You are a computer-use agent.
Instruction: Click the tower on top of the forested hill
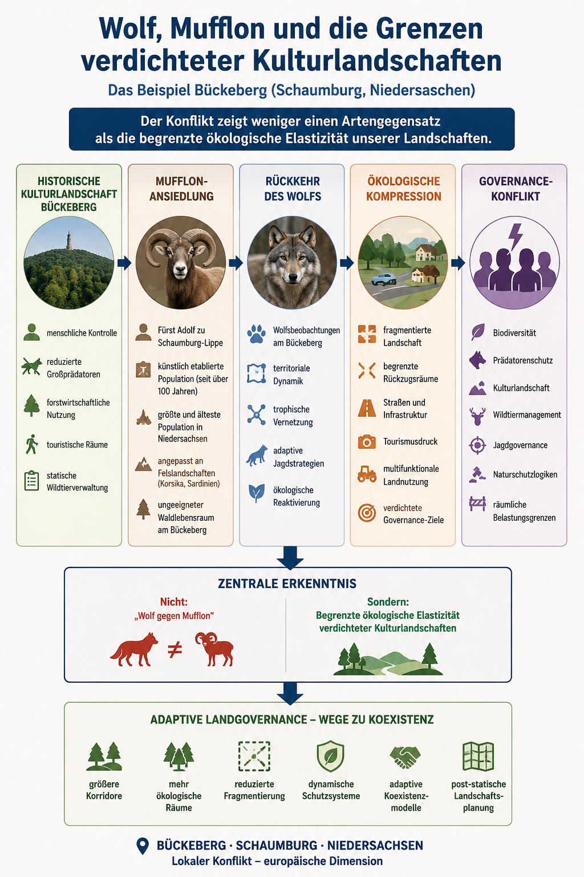pyautogui.click(x=69, y=240)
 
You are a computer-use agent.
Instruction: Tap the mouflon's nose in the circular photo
pyautogui.click(x=180, y=269)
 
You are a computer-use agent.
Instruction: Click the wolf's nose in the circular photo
pyautogui.click(x=293, y=277)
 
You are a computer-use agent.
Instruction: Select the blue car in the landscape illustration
pyautogui.click(x=383, y=279)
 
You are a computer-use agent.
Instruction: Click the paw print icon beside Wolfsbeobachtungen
pyautogui.click(x=257, y=334)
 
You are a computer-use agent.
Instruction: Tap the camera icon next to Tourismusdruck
pyautogui.click(x=367, y=442)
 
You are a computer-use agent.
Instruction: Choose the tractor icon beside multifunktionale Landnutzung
pyautogui.click(x=367, y=474)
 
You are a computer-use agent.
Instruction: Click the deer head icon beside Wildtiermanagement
pyautogui.click(x=477, y=416)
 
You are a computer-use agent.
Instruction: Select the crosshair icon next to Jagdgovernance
pyautogui.click(x=477, y=445)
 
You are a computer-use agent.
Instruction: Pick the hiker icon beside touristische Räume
pyautogui.click(x=32, y=444)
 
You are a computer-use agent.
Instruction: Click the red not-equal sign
pyautogui.click(x=175, y=650)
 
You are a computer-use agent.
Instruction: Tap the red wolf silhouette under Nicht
pyautogui.click(x=134, y=649)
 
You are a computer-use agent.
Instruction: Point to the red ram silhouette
pyautogui.click(x=215, y=649)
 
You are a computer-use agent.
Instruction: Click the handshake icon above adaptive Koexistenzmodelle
pyautogui.click(x=405, y=757)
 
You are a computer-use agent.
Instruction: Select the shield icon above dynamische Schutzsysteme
pyautogui.click(x=331, y=756)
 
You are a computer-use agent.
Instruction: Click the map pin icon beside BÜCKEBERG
pyautogui.click(x=143, y=846)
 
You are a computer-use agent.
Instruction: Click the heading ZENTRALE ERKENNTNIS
pyautogui.click(x=287, y=584)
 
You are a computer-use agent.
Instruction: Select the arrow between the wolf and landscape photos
pyautogui.click(x=347, y=263)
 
